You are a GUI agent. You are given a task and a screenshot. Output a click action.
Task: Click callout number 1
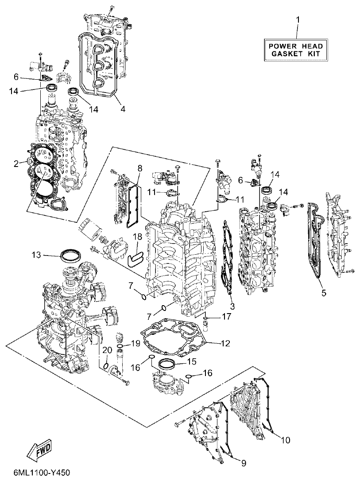pos(298,19)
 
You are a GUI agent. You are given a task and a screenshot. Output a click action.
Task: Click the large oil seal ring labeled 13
pos(70,256)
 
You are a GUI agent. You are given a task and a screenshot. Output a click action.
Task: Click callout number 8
pos(140,168)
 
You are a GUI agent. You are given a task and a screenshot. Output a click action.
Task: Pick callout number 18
pos(138,237)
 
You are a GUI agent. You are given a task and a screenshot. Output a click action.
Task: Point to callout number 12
pos(213,343)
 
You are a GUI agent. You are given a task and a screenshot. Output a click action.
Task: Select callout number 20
pos(105,350)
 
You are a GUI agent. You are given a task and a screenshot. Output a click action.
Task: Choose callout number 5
pos(324,293)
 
